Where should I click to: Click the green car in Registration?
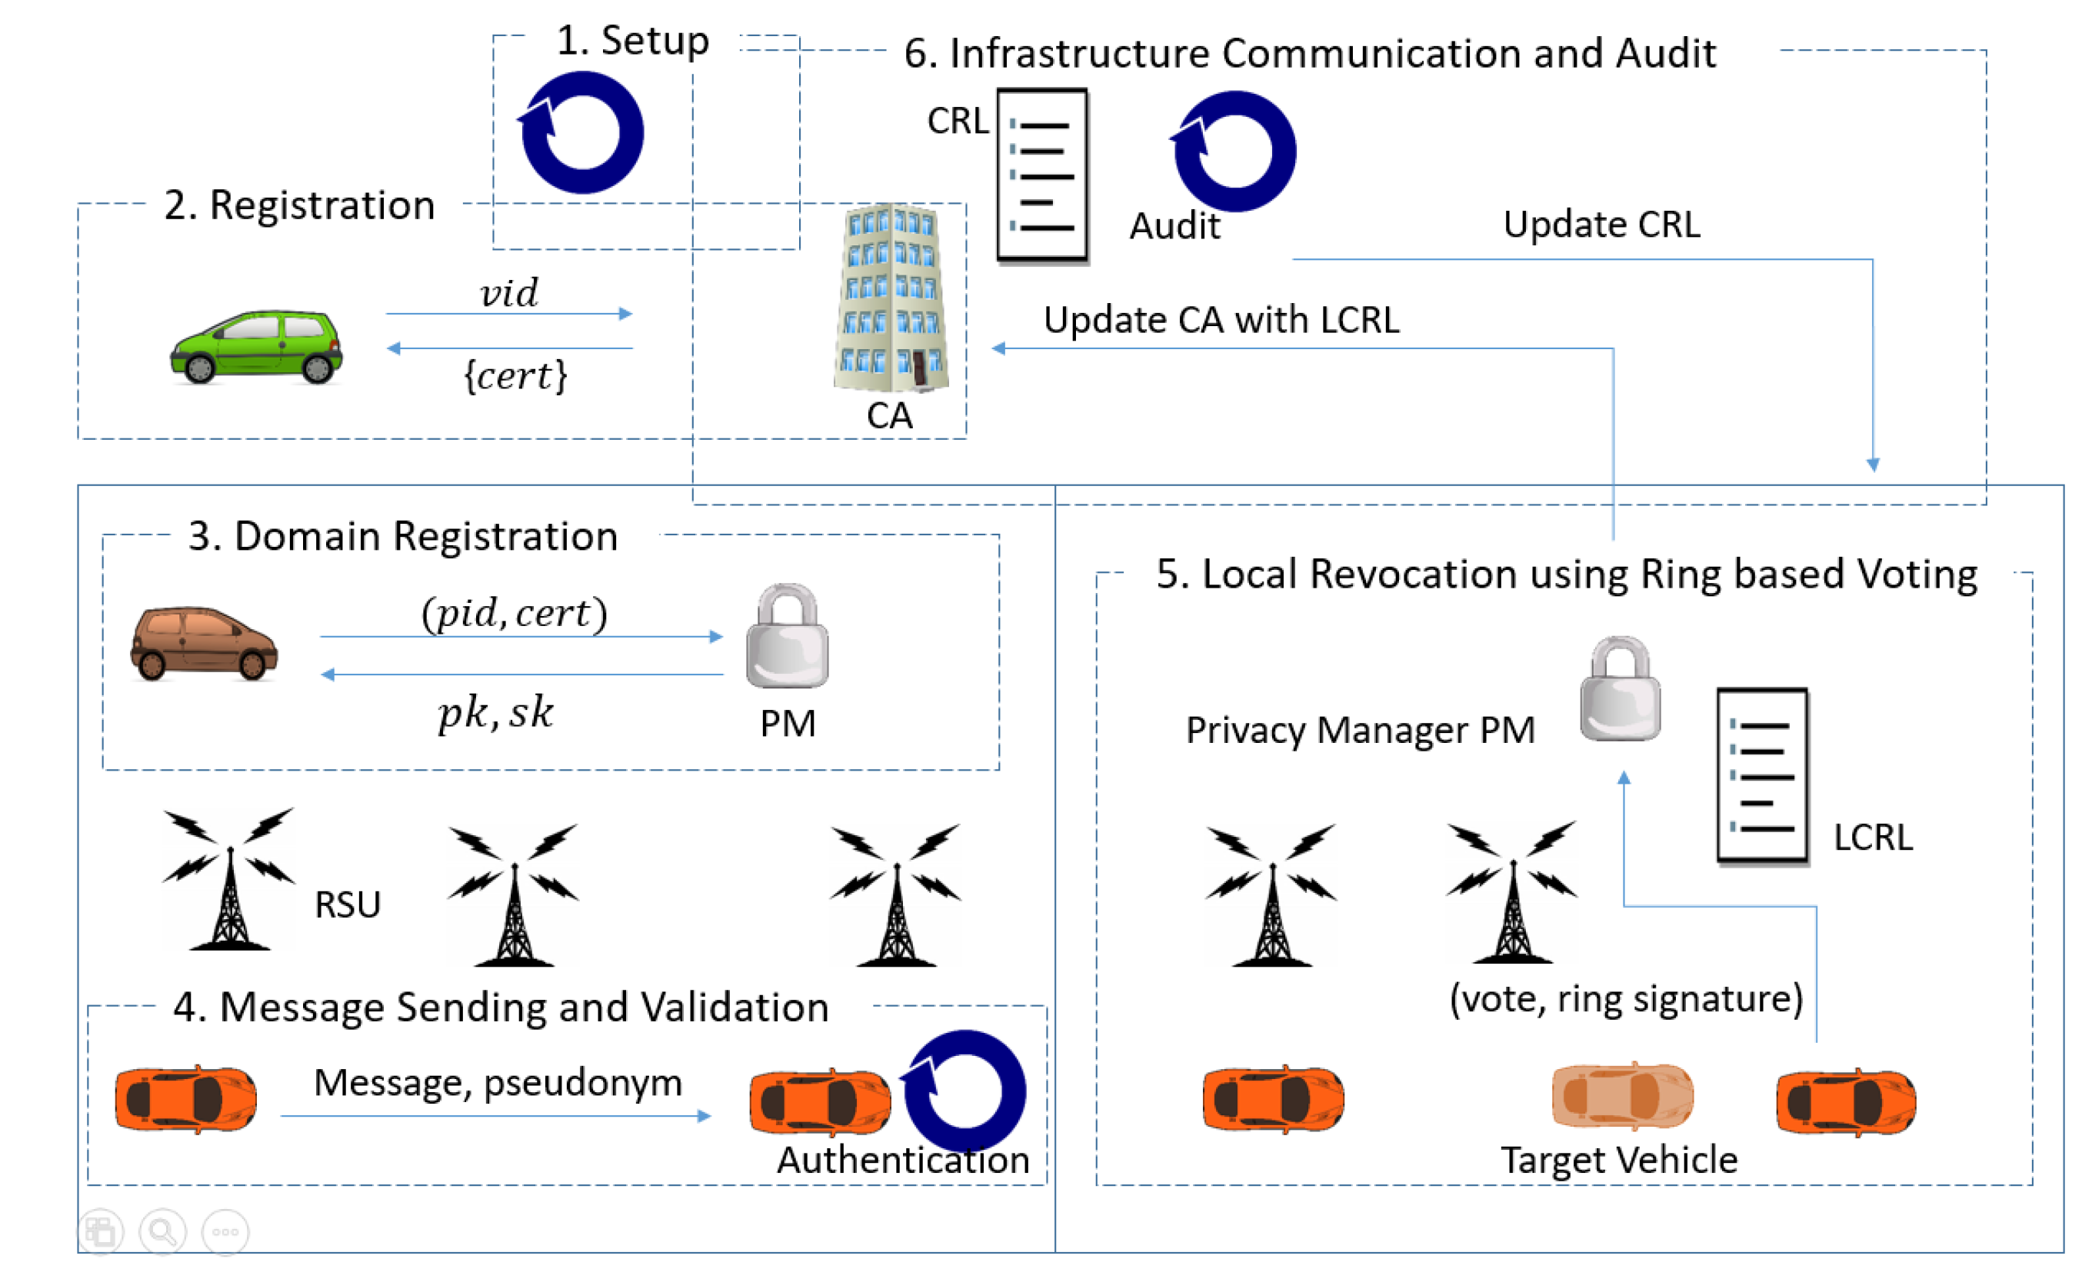(256, 348)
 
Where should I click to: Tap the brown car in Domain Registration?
(204, 644)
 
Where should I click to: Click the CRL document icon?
(1041, 176)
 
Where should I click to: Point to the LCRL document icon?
(1762, 776)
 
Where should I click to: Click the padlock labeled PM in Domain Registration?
(787, 637)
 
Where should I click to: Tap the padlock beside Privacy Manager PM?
(1620, 690)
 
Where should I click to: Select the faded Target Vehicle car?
(1623, 1097)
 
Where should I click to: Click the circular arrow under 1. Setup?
(582, 132)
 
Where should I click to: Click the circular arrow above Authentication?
(964, 1091)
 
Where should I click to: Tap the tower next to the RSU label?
(229, 880)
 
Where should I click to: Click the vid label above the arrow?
(508, 294)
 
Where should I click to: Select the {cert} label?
(515, 375)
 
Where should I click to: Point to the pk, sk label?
(496, 711)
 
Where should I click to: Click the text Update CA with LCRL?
(1221, 320)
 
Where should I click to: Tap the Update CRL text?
(1601, 225)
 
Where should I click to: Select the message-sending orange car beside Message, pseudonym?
(186, 1099)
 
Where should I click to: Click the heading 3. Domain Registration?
(403, 537)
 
